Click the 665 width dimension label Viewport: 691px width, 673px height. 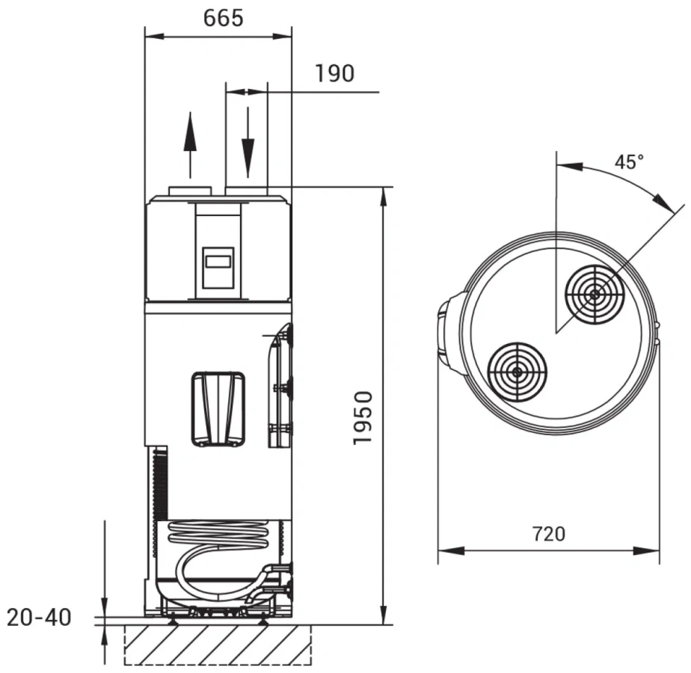(x=224, y=18)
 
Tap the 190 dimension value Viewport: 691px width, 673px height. (x=335, y=73)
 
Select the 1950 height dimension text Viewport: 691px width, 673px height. (x=363, y=417)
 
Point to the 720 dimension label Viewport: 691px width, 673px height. (x=549, y=534)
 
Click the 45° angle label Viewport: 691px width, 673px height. (x=629, y=162)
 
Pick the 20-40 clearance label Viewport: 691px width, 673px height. (x=39, y=618)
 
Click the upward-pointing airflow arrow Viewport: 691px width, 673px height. (x=190, y=145)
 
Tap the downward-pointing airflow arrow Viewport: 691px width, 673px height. (x=248, y=142)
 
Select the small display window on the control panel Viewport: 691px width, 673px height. (x=218, y=262)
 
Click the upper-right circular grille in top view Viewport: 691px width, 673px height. (x=595, y=295)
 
